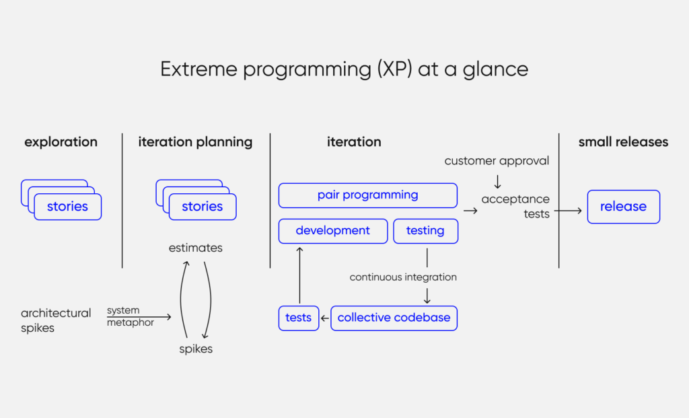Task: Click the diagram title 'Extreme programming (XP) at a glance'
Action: pos(344,69)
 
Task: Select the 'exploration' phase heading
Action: pos(61,142)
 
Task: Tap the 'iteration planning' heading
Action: pos(195,142)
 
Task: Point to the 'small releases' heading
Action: pos(623,142)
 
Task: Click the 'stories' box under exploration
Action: pos(67,207)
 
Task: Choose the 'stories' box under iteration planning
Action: pos(202,207)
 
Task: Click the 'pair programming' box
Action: pos(367,195)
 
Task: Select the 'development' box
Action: pos(333,231)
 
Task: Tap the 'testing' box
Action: pos(425,231)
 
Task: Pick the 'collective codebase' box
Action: pos(394,318)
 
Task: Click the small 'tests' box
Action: pos(299,318)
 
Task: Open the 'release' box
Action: pos(623,207)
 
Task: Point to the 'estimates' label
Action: pos(195,248)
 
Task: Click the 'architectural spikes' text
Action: pos(55,320)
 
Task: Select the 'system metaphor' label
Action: pos(130,316)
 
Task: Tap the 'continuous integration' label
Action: pos(403,277)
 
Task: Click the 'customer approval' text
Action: pos(497,161)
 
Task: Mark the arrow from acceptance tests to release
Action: pos(568,211)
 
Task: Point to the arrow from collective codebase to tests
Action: pos(325,318)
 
